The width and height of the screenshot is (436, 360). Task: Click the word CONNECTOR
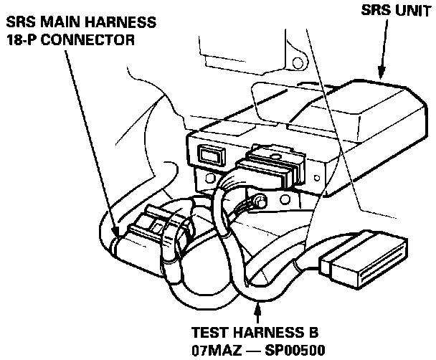point(89,39)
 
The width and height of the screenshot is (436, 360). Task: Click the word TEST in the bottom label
point(209,334)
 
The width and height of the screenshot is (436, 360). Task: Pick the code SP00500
point(295,351)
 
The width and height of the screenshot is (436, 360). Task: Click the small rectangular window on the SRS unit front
point(210,153)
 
